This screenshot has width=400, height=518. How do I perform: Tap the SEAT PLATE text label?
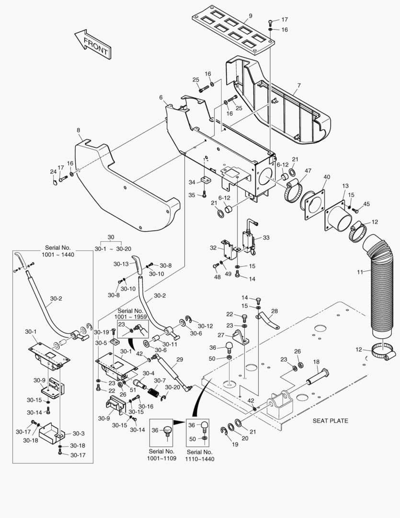coord(330,421)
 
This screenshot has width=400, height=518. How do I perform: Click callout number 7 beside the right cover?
coord(298,86)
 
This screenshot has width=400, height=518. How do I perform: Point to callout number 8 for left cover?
coord(78,130)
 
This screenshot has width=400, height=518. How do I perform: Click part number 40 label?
coord(327,177)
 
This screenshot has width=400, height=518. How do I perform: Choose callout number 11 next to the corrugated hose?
coord(359,272)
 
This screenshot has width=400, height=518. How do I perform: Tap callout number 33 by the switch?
coord(266,237)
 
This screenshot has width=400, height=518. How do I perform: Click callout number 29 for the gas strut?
coord(180,359)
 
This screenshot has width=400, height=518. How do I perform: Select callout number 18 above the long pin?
coord(316,362)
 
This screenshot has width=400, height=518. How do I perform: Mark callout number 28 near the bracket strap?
coord(274,311)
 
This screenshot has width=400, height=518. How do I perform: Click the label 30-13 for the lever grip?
coord(121,264)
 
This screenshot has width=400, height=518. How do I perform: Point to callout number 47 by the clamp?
coord(308,170)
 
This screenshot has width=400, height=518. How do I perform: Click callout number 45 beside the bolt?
coord(366,204)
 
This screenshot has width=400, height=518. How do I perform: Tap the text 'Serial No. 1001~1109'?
coord(161,455)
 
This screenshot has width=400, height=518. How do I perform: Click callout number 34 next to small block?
coord(192,182)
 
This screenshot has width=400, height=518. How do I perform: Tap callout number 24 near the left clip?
coord(53,171)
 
